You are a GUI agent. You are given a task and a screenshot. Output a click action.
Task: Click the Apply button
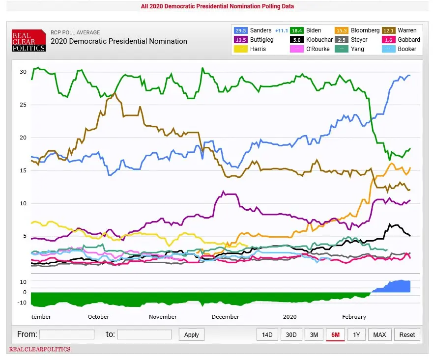pyautogui.click(x=191, y=334)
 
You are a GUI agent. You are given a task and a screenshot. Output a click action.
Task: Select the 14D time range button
pyautogui.click(x=267, y=334)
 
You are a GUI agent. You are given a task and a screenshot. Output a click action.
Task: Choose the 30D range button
pyautogui.click(x=291, y=334)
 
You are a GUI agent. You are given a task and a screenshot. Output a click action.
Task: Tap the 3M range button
pyautogui.click(x=314, y=334)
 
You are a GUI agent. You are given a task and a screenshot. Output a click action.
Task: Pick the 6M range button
pyautogui.click(x=335, y=334)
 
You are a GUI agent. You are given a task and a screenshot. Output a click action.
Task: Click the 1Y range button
pyautogui.click(x=356, y=334)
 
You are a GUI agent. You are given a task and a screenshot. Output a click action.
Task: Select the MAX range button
pyautogui.click(x=379, y=334)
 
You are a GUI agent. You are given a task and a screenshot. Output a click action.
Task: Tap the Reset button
pyautogui.click(x=407, y=334)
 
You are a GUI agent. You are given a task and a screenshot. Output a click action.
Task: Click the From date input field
pyautogui.click(x=66, y=334)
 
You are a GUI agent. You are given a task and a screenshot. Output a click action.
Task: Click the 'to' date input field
pyautogui.click(x=144, y=334)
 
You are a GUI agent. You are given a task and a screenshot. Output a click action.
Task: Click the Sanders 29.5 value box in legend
pyautogui.click(x=240, y=30)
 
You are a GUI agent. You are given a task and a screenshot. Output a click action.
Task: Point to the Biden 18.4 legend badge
pyautogui.click(x=298, y=30)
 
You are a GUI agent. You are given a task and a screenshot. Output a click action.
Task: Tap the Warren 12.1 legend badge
pyautogui.click(x=389, y=30)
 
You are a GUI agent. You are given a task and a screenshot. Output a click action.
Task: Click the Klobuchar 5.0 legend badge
pyautogui.click(x=298, y=40)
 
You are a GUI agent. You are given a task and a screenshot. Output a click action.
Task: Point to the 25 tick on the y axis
pyautogui.click(x=23, y=105)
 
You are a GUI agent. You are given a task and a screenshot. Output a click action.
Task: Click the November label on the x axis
pyautogui.click(x=163, y=317)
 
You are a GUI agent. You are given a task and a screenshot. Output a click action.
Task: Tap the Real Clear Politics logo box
pyautogui.click(x=29, y=41)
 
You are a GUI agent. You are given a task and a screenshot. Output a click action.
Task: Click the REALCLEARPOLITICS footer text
pyautogui.click(x=39, y=350)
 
